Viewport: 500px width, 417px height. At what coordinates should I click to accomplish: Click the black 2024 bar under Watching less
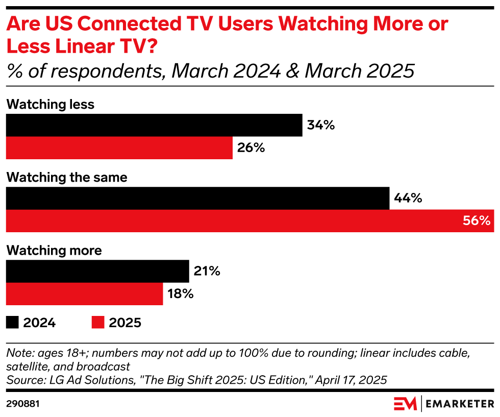click(x=154, y=125)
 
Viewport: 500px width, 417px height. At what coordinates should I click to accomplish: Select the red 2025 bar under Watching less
click(x=119, y=148)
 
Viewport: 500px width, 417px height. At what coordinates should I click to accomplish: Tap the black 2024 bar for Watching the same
click(x=197, y=198)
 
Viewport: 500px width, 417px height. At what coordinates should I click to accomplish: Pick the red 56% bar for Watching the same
click(x=249, y=221)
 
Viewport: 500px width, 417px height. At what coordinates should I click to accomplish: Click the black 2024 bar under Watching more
click(x=97, y=271)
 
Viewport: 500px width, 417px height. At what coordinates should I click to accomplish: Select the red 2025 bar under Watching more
click(x=84, y=294)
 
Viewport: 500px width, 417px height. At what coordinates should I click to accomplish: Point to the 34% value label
click(x=321, y=125)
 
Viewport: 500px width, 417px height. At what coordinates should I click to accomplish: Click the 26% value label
click(x=251, y=148)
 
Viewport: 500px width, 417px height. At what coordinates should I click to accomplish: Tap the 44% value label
click(x=408, y=198)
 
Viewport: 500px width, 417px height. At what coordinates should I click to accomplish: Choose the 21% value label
click(x=207, y=271)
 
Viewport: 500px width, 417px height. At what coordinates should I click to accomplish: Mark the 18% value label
click(x=181, y=294)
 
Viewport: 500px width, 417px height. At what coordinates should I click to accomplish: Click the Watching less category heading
click(x=50, y=104)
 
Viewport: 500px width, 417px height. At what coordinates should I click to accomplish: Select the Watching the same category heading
click(x=66, y=178)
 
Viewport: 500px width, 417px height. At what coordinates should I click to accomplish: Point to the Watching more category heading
click(x=54, y=251)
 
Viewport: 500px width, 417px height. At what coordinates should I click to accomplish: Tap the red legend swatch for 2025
click(x=98, y=323)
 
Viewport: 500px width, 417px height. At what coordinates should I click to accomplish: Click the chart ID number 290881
click(x=23, y=404)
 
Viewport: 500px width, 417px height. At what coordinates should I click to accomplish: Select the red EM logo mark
click(x=405, y=404)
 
